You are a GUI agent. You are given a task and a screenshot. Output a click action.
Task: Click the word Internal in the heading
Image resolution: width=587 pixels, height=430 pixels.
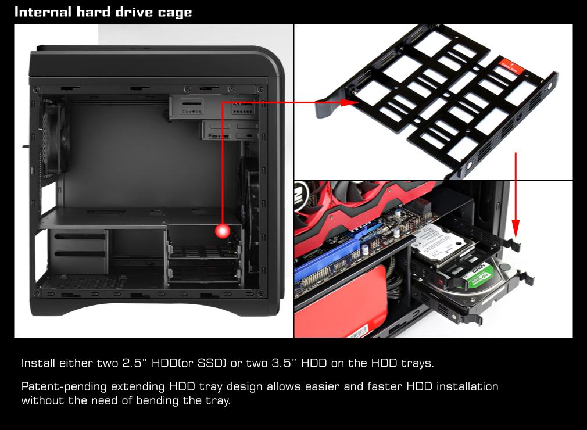point(42,12)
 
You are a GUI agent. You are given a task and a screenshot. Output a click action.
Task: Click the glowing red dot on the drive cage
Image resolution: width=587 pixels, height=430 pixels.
point(223,231)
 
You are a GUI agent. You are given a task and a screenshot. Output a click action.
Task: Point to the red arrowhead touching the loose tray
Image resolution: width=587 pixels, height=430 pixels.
point(349,102)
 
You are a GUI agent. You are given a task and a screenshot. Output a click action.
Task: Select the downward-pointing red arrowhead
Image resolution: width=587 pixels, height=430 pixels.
point(516,229)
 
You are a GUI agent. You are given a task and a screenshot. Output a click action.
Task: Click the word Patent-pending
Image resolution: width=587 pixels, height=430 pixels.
point(64,386)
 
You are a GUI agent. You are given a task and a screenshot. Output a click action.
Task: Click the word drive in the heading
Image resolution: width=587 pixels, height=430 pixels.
point(134,12)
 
